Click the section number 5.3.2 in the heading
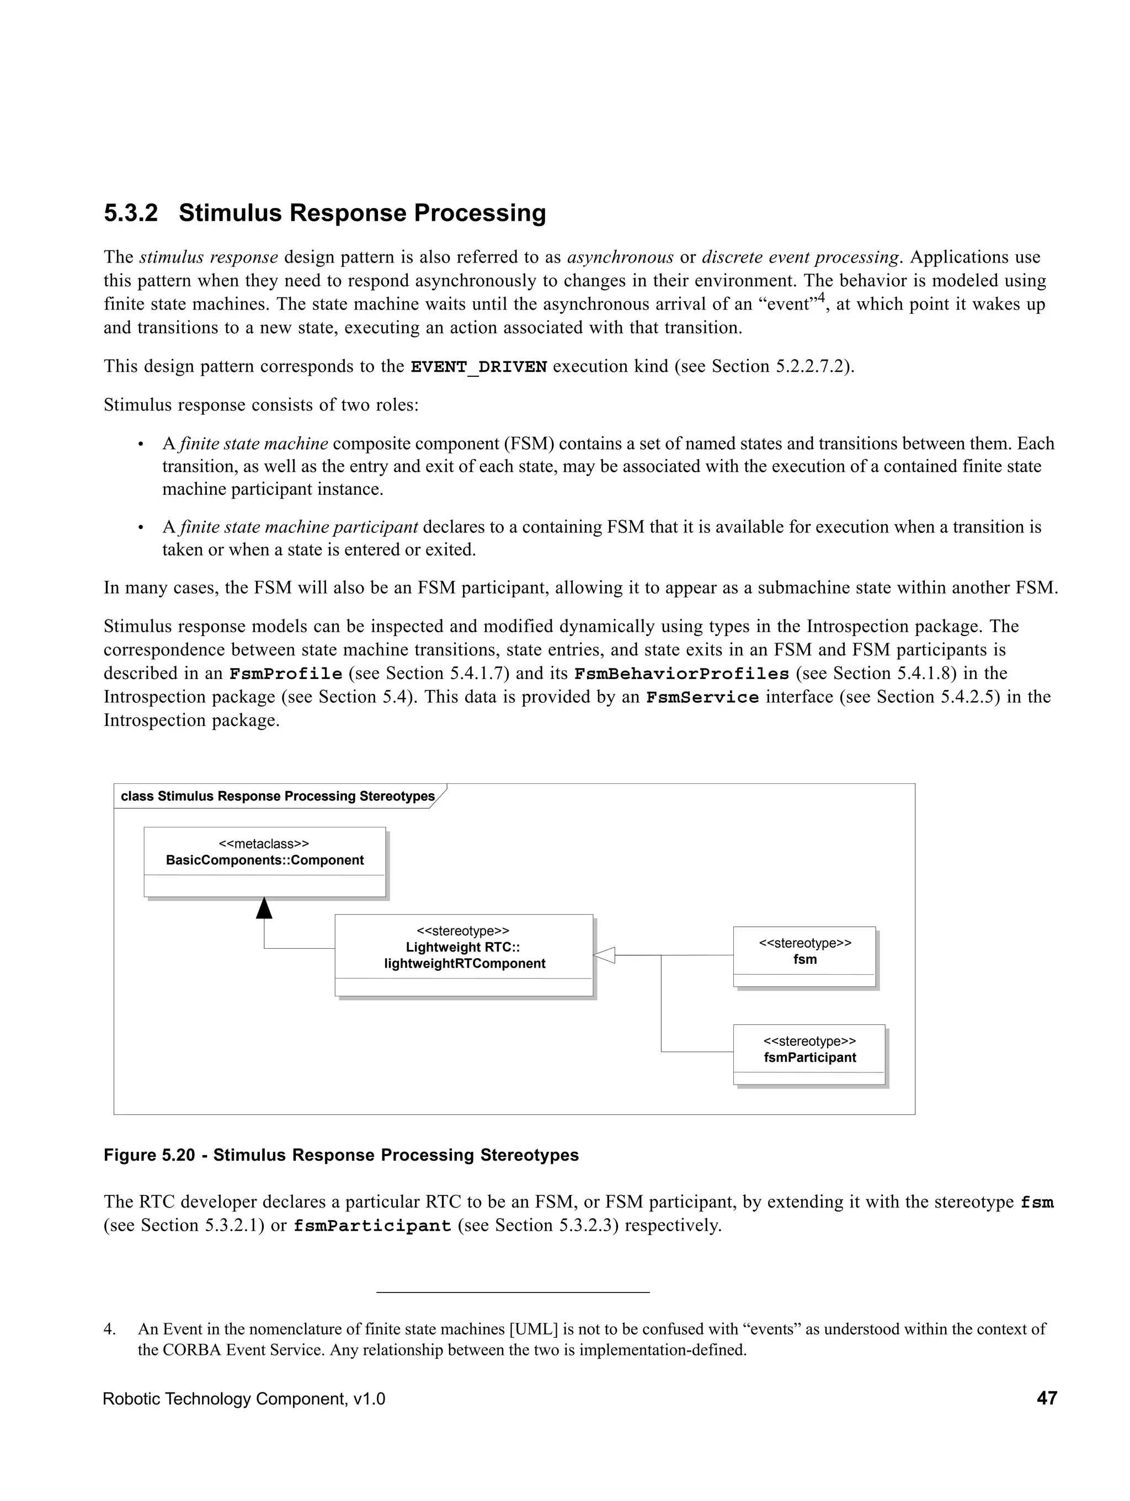tap(130, 213)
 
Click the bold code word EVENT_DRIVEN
tap(478, 367)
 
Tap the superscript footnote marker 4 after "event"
tap(820, 298)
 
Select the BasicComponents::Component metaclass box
tap(265, 862)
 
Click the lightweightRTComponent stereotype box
tap(463, 955)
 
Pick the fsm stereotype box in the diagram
tap(804, 956)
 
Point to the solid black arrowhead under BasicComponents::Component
tap(264, 908)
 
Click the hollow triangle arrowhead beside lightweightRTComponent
tap(604, 955)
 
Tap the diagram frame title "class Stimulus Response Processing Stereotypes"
tap(277, 796)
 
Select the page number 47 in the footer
tap(1047, 1398)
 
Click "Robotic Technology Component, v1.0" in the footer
tap(244, 1398)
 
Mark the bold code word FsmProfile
tap(285, 674)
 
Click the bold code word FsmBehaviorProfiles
tap(681, 674)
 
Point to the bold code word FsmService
tap(702, 698)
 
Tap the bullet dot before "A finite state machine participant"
tap(141, 527)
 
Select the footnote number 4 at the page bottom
tap(109, 1329)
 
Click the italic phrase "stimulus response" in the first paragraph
tap(209, 257)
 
